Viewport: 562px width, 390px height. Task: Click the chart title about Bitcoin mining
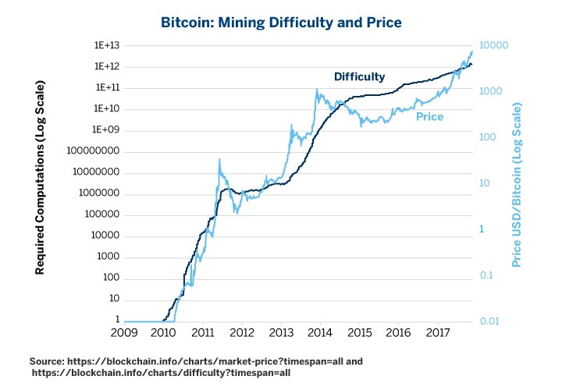[x=281, y=22]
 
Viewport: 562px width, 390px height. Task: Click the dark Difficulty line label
[x=359, y=76]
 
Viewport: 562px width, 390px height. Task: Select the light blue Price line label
[x=429, y=117]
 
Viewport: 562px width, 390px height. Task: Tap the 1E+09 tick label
[x=105, y=129]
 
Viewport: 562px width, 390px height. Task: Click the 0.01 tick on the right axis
[x=491, y=321]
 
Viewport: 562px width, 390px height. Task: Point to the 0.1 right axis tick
[x=488, y=275]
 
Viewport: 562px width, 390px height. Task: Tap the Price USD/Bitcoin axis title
[x=517, y=183]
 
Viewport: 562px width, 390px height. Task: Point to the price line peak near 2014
[x=317, y=90]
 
